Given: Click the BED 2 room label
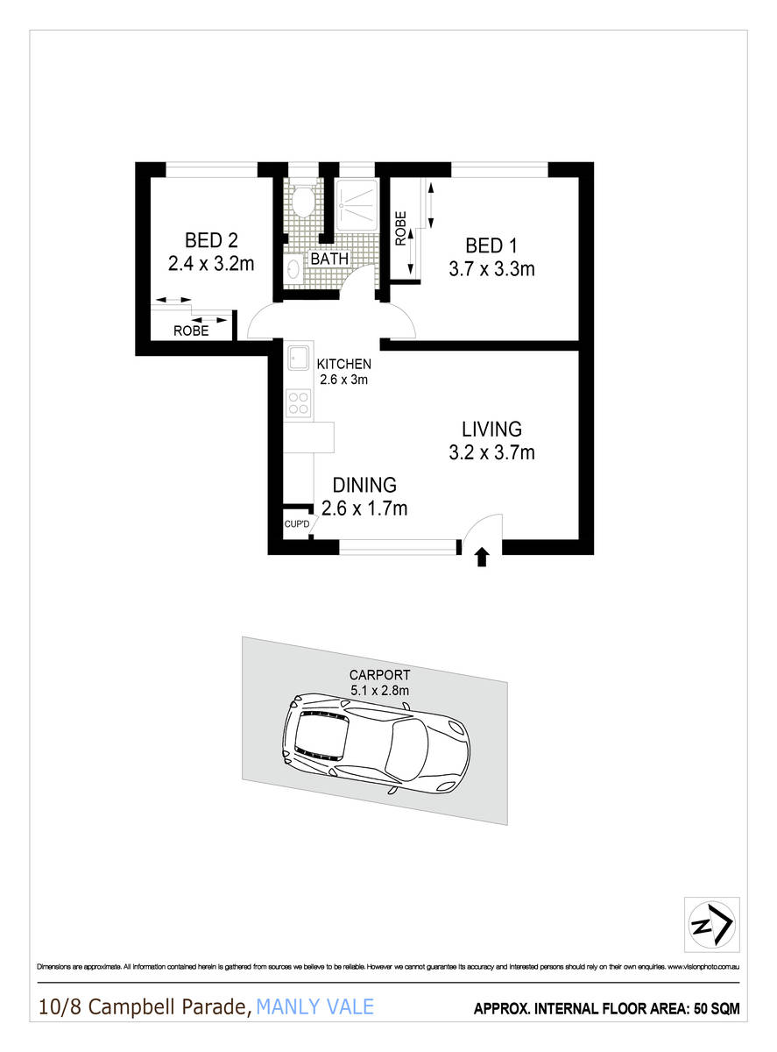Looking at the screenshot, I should pos(210,239).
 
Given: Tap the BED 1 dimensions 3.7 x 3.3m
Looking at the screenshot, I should pos(491,269).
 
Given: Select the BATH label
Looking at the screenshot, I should pos(329,259).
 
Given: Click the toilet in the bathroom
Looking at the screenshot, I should pos(303,202).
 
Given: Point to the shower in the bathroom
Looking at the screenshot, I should pos(358,208).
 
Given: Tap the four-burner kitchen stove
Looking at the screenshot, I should pos(299,402).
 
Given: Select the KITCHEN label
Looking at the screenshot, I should pos(343,364).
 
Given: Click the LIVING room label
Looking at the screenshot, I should pos(491,430).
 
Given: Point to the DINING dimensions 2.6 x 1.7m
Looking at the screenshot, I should pos(364,508).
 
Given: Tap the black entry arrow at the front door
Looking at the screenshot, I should pos(480,558).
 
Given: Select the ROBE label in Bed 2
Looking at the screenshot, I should pos(190,331).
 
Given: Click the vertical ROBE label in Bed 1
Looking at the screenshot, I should pos(400,228).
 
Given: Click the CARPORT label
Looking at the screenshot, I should pos(380,675).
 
